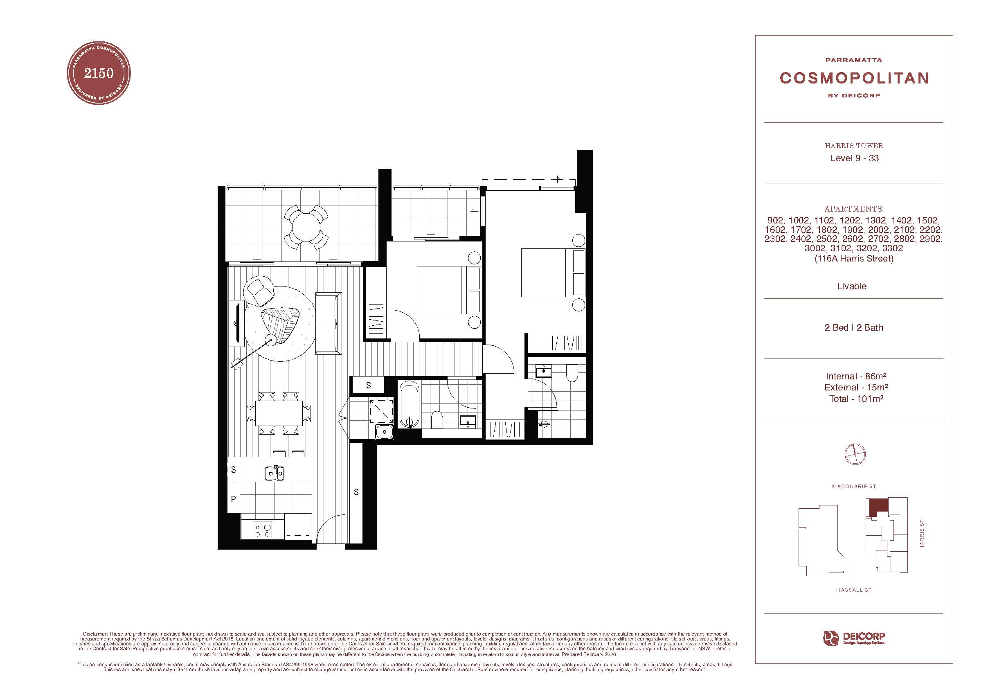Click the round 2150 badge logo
[x=99, y=73]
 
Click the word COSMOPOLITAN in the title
[x=854, y=78]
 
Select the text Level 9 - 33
[x=854, y=158]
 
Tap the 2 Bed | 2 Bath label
[x=854, y=327]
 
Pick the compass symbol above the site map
[x=855, y=454]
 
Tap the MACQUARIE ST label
[x=854, y=486]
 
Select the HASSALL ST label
[x=854, y=590]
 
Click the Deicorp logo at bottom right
[x=854, y=639]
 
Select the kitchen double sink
[x=274, y=474]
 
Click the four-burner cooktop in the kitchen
[x=263, y=530]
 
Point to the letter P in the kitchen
[x=233, y=499]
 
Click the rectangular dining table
[x=279, y=414]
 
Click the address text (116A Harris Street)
[x=854, y=259]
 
